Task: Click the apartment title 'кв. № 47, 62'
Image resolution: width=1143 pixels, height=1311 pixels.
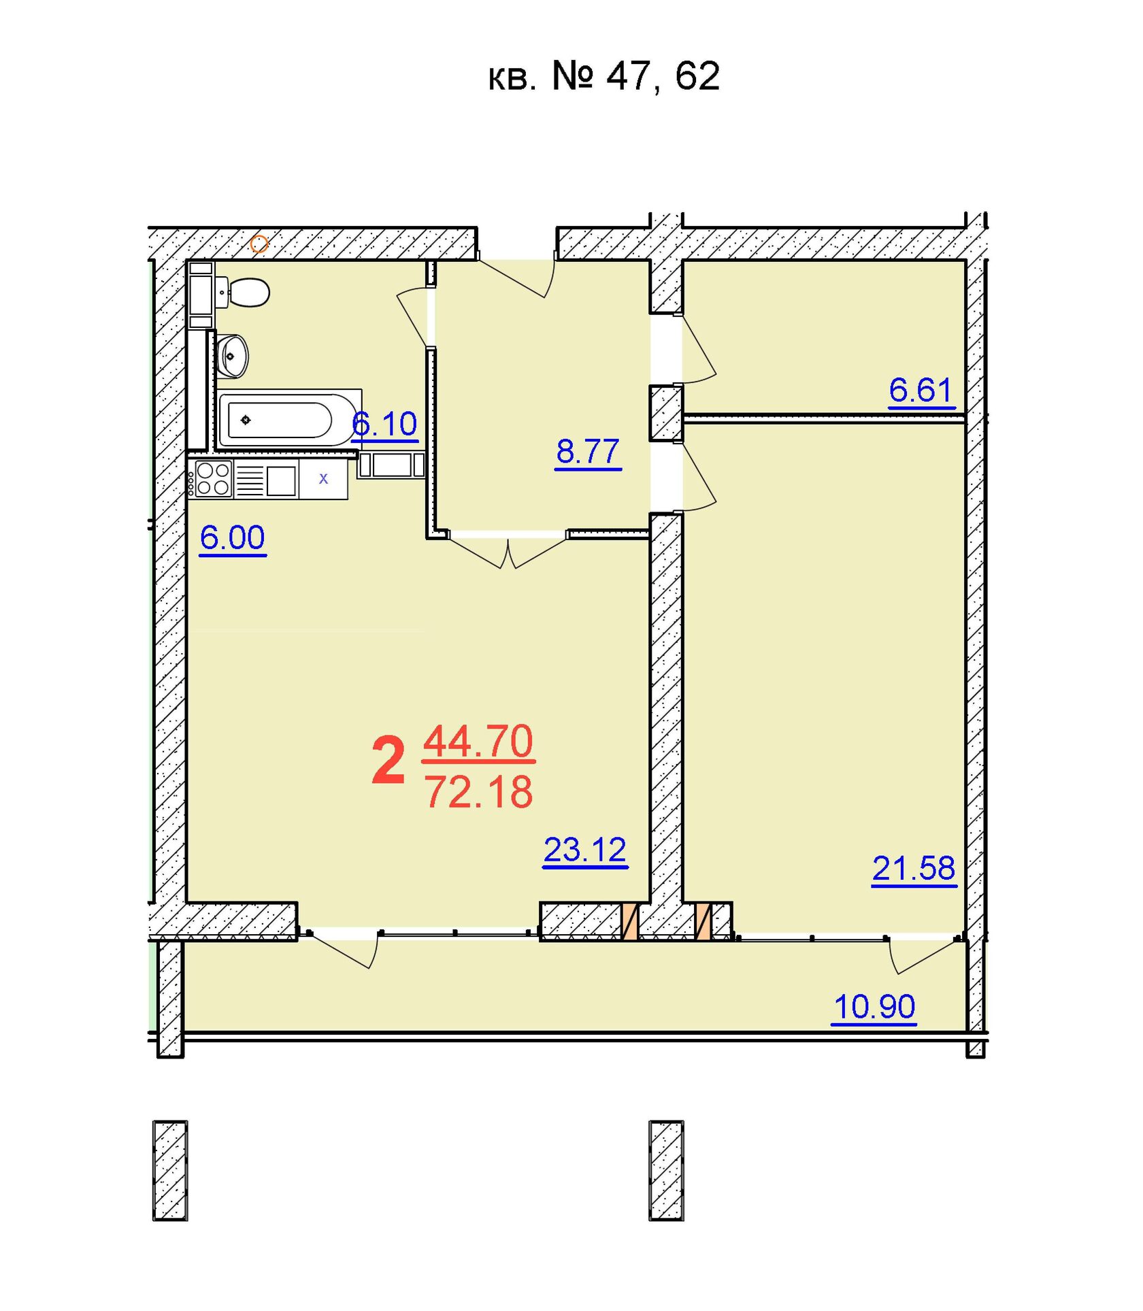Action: point(604,76)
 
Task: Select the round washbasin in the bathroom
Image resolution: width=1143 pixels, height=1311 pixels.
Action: point(233,355)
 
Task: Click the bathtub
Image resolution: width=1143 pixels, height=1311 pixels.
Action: point(290,418)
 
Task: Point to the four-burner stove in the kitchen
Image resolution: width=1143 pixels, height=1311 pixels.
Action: point(213,479)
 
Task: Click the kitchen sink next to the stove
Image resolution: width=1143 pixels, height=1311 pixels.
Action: point(281,480)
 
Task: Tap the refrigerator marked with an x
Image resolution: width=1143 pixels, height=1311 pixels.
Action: point(323,479)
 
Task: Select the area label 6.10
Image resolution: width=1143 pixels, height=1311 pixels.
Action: point(384,425)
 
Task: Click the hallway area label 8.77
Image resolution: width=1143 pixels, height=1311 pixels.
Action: point(588,452)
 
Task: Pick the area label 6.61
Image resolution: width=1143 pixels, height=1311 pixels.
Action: point(921,391)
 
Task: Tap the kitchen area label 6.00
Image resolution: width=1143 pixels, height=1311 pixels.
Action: point(233,538)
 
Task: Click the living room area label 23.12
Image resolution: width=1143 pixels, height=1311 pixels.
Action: point(585,850)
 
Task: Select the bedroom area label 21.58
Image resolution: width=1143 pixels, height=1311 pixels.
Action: point(914,869)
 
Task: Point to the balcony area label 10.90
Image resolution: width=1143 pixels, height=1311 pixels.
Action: point(874,1007)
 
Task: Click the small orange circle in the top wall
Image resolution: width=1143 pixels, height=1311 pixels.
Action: point(259,244)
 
